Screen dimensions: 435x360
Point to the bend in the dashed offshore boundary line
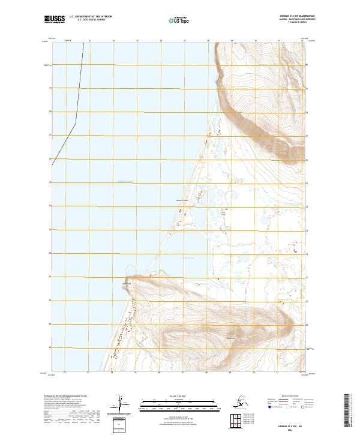tap(76, 123)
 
